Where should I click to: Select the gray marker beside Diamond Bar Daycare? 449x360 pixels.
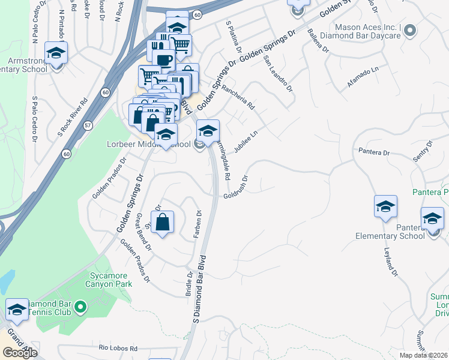pos(410,30)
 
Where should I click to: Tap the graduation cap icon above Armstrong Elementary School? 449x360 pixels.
pos(56,53)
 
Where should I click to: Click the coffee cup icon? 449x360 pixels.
pos(164,61)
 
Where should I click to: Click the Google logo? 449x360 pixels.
pos(20,353)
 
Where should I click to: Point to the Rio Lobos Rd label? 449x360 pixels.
pos(118,348)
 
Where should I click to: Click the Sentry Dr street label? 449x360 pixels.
pos(423,152)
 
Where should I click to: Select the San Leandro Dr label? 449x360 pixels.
pos(278,77)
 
